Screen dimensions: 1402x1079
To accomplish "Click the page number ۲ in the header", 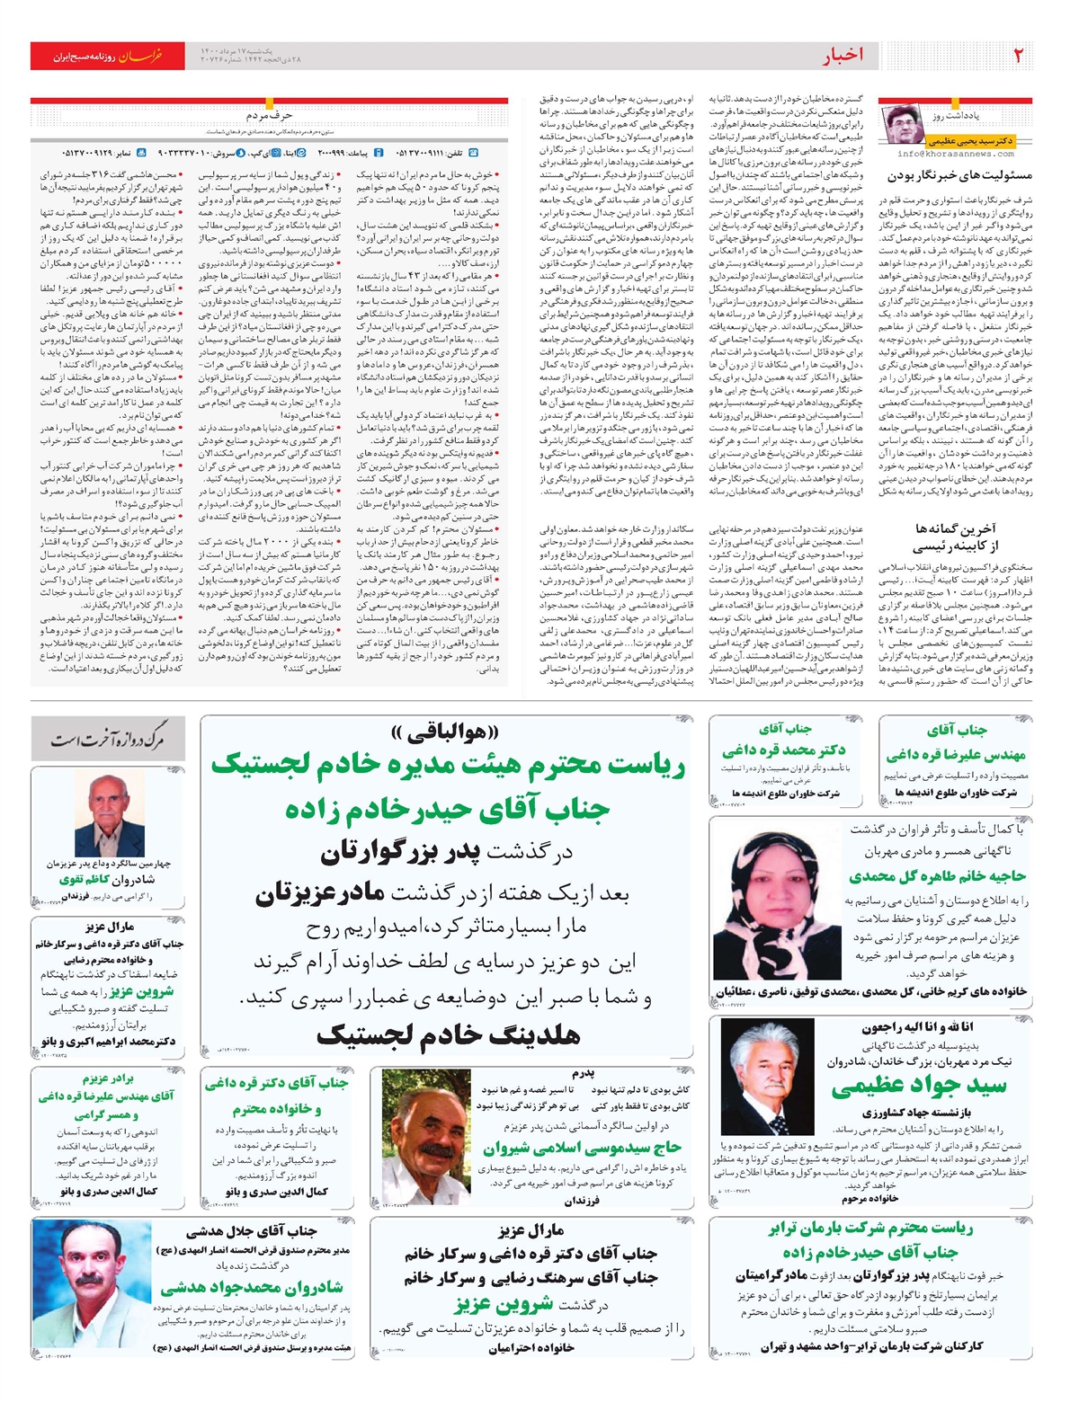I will [x=1018, y=55].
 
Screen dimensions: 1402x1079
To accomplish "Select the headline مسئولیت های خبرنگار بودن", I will [x=959, y=175].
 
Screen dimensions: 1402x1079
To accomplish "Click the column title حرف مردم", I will [x=269, y=116].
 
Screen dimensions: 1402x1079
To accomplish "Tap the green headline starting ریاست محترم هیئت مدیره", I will [x=448, y=766].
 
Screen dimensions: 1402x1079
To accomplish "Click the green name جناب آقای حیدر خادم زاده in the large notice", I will [x=448, y=810].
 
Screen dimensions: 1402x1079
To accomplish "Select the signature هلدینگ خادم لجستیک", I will [x=448, y=1035].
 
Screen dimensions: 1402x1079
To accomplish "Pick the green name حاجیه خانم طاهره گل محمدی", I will [x=937, y=875].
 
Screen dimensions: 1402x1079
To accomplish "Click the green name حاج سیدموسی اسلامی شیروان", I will [x=582, y=1148].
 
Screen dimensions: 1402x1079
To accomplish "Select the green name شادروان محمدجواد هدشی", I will [x=251, y=1287].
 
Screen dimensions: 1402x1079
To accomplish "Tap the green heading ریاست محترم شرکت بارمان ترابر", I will [x=870, y=1229].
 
